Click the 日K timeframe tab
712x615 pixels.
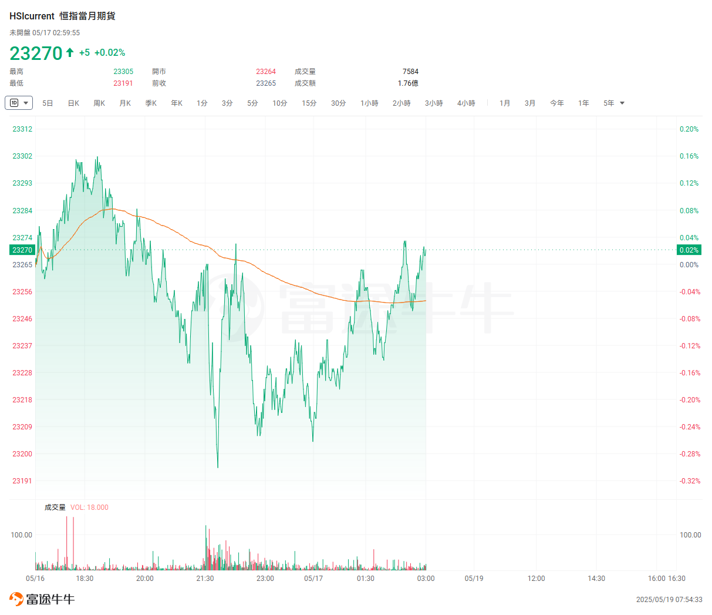(73, 103)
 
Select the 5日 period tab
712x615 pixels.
(48, 103)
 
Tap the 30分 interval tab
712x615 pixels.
(338, 103)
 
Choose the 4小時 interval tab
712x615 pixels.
(466, 103)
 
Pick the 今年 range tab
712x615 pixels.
(556, 103)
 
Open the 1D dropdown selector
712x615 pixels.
(19, 103)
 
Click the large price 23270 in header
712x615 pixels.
(36, 53)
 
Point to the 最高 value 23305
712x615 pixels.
(123, 72)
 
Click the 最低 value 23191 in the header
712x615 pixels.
(123, 83)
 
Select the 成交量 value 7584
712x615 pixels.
(410, 72)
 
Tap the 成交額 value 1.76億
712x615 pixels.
(408, 83)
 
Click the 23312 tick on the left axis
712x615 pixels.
(22, 129)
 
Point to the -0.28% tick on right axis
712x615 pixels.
(690, 454)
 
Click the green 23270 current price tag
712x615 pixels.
(22, 250)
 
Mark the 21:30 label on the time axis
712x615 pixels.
(205, 579)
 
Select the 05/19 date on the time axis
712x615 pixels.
(474, 579)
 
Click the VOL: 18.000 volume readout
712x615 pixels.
(89, 508)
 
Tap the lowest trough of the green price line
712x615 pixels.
(218, 467)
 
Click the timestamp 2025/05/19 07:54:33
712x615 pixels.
(669, 600)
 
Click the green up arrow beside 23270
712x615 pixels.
(70, 52)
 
